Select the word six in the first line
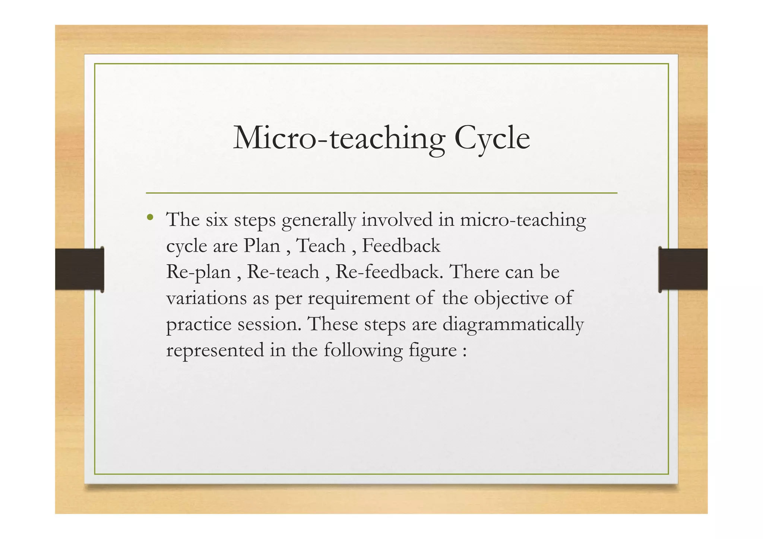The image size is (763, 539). (x=217, y=220)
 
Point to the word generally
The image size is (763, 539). (x=319, y=220)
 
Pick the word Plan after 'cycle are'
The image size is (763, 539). (x=262, y=246)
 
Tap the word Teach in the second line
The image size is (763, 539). (x=321, y=246)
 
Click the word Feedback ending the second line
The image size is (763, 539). (x=401, y=246)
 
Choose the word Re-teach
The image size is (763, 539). (x=283, y=272)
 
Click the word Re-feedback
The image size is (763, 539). (x=389, y=272)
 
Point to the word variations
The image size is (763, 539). (x=206, y=298)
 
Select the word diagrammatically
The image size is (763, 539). (x=513, y=325)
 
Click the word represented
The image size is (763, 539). (x=215, y=351)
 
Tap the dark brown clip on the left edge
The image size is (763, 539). (x=79, y=269)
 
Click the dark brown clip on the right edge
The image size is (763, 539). (x=683, y=269)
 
